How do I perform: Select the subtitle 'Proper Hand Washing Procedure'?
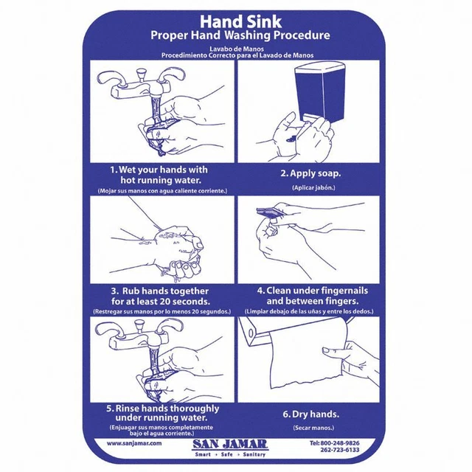[x=240, y=35]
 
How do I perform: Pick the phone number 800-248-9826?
[x=340, y=442]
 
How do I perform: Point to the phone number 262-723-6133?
[x=340, y=450]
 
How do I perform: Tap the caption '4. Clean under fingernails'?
[x=317, y=291]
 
